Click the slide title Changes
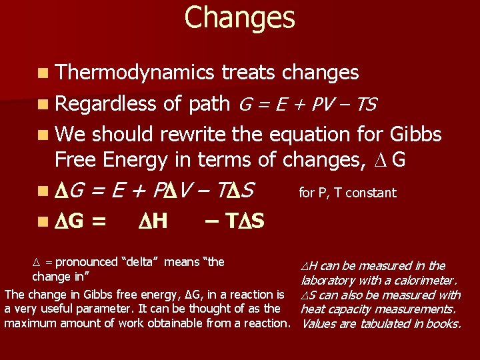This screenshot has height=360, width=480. click(x=239, y=17)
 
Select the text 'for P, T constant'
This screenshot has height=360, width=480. click(x=347, y=193)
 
